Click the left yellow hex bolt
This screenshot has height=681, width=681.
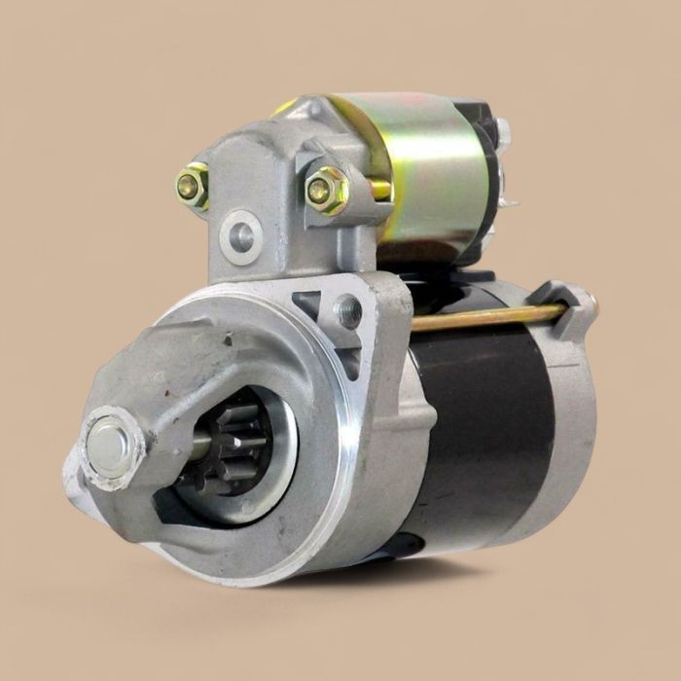(192, 185)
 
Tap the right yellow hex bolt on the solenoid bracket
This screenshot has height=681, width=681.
(325, 190)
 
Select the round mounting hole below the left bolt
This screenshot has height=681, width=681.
(239, 235)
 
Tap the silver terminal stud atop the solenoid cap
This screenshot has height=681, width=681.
(502, 132)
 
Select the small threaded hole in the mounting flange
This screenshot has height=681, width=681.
(347, 310)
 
